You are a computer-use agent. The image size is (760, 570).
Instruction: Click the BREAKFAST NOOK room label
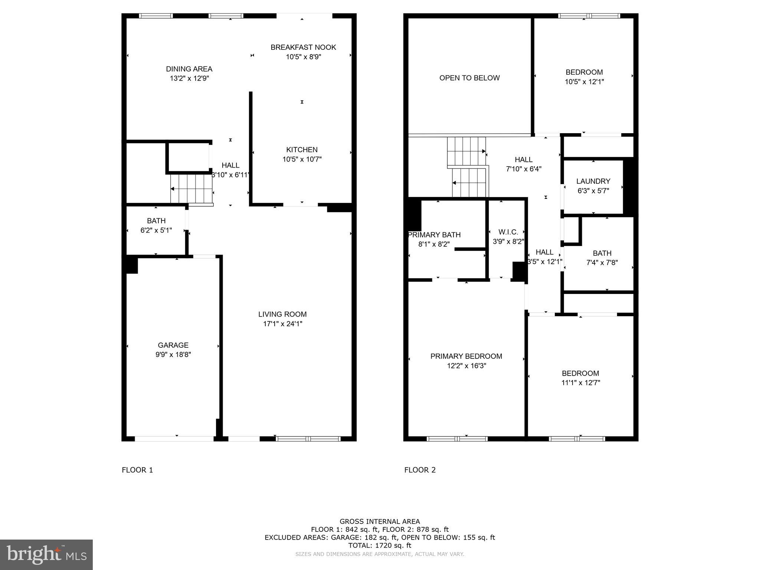303,47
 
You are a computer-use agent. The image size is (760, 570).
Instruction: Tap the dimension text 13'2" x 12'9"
189,78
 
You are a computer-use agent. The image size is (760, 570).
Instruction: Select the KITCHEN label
302,150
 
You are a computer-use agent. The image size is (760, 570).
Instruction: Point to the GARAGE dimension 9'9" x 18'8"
173,354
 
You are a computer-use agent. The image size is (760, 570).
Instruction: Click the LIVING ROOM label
282,314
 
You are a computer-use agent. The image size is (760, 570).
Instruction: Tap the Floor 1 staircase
191,189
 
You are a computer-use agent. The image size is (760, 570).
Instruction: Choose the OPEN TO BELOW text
469,78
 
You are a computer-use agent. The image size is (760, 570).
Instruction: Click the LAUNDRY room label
593,181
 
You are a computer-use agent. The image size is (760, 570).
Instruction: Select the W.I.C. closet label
508,232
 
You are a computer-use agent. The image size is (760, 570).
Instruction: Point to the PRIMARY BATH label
434,235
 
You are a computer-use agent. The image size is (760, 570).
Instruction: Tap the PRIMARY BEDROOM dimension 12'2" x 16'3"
466,366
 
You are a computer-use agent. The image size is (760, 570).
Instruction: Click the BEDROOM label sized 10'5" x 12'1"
584,72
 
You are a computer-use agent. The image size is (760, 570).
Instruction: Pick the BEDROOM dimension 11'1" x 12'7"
580,383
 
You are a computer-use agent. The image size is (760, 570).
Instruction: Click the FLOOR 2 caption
420,470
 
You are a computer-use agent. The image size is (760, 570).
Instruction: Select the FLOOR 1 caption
137,470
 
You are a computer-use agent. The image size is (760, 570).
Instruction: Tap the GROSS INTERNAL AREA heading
380,521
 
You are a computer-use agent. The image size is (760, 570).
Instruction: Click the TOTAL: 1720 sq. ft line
380,545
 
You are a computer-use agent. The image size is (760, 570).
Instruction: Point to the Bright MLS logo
46,554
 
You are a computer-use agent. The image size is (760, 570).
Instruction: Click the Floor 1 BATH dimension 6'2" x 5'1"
156,230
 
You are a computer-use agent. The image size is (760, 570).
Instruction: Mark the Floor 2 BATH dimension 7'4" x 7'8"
602,263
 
